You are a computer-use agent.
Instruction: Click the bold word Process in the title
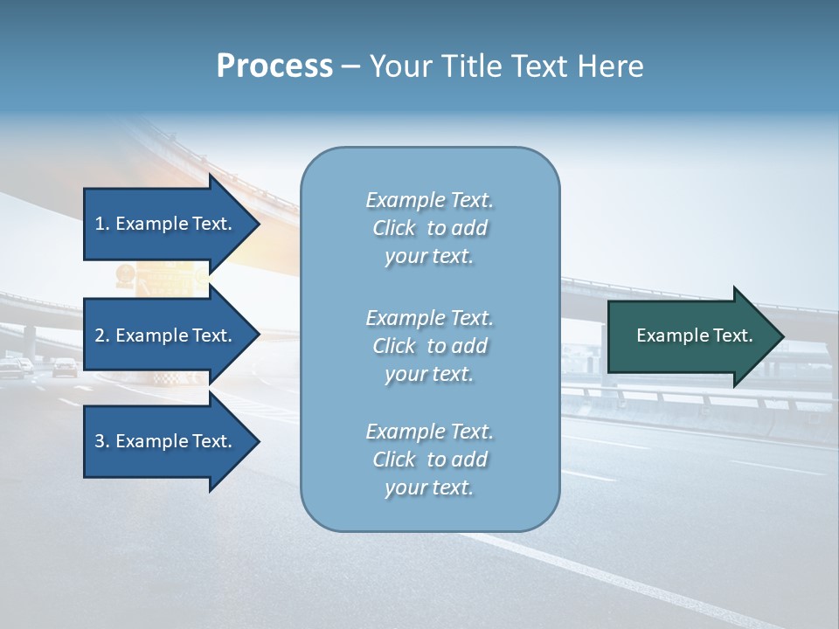point(274,66)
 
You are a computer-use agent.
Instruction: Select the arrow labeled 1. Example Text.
point(166,224)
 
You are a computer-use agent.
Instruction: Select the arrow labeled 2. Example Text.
point(166,335)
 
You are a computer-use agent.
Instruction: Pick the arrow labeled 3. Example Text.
point(166,441)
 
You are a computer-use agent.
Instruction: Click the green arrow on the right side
point(690,335)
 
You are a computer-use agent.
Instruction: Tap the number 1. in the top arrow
point(101,224)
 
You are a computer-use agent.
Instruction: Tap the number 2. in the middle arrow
point(101,335)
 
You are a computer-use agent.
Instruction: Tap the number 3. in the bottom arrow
point(101,441)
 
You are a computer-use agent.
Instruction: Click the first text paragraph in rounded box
point(429,228)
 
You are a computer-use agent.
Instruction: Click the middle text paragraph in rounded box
point(429,346)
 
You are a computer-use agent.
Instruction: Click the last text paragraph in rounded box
point(429,460)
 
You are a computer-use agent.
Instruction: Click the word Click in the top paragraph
point(393,228)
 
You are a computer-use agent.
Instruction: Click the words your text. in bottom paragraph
point(429,487)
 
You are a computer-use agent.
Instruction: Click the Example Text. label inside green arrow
point(694,335)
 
